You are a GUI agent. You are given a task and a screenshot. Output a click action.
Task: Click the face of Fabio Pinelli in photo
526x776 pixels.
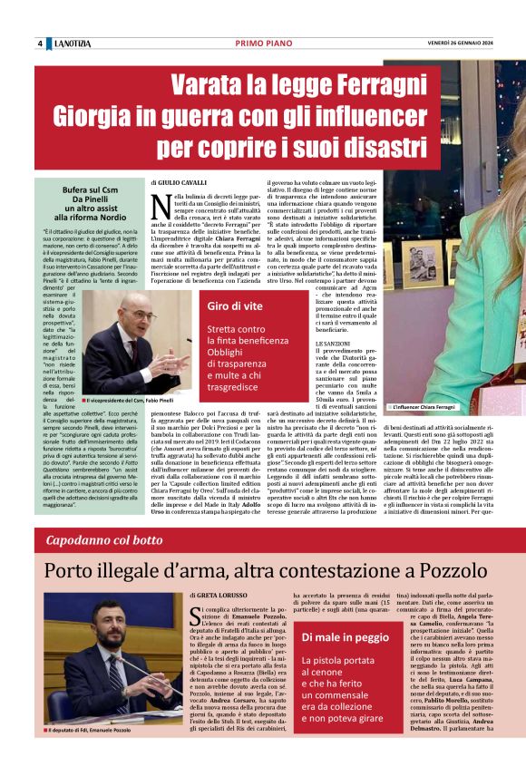point(124,324)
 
